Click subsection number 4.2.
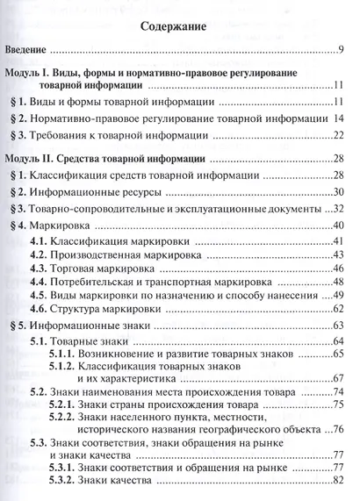40,255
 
